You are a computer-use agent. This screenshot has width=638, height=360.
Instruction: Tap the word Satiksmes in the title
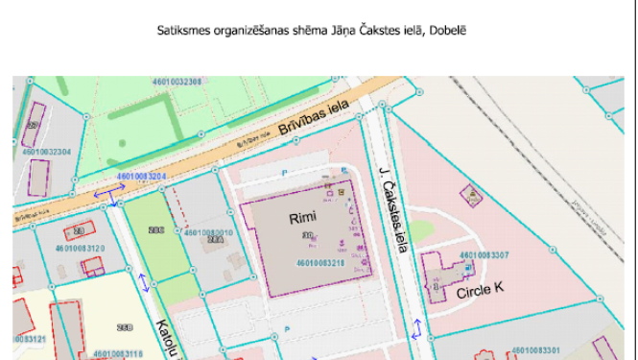(x=181, y=30)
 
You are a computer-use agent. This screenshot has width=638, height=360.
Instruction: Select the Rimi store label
(x=302, y=219)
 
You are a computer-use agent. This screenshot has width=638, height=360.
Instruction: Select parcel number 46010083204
(x=141, y=178)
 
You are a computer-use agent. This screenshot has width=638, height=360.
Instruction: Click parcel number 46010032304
(x=45, y=152)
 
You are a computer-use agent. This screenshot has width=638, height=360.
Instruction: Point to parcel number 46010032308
(x=176, y=82)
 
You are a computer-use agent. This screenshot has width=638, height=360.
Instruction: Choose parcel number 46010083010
(x=208, y=232)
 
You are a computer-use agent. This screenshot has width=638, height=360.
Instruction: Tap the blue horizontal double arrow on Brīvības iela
(x=107, y=204)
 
